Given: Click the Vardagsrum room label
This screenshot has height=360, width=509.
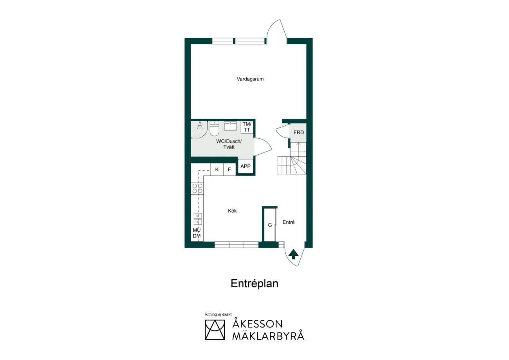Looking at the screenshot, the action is pyautogui.click(x=250, y=79).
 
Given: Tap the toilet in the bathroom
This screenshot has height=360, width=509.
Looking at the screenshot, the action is pyautogui.click(x=214, y=128).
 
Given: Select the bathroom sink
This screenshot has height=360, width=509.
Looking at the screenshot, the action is pyautogui.click(x=230, y=126).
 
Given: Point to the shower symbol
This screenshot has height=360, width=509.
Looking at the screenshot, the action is pyautogui.click(x=200, y=125).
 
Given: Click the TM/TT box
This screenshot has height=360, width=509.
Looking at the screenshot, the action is pyautogui.click(x=247, y=127).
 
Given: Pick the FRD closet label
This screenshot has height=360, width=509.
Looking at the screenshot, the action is pyautogui.click(x=299, y=132).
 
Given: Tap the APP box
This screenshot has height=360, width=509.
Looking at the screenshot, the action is pyautogui.click(x=245, y=166).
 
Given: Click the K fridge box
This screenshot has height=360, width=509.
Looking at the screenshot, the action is pyautogui.click(x=217, y=170).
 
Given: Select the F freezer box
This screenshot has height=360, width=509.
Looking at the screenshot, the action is pyautogui.click(x=229, y=170).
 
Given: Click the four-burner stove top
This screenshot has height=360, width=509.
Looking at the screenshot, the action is pyautogui.click(x=197, y=188).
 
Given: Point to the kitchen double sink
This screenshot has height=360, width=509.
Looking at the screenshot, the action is pyautogui.click(x=198, y=219).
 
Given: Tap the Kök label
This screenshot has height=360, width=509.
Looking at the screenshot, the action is pyautogui.click(x=232, y=211).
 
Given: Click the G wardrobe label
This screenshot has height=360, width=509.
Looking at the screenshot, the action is pyautogui.click(x=270, y=225).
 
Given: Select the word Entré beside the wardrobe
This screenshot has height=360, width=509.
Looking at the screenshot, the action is pyautogui.click(x=289, y=222).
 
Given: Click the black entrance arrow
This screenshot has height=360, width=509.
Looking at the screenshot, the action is pyautogui.click(x=293, y=254).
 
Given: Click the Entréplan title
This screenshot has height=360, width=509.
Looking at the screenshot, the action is pyautogui.click(x=254, y=284).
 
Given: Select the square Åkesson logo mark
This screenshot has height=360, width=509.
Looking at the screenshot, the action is pyautogui.click(x=215, y=330).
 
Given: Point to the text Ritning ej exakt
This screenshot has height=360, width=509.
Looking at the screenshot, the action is pyautogui.click(x=218, y=314).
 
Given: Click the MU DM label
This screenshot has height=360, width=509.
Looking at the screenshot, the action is pyautogui.click(x=197, y=233).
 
